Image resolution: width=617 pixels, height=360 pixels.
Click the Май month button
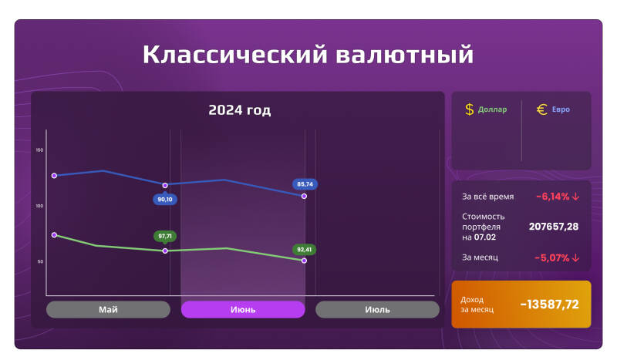tap(108, 309)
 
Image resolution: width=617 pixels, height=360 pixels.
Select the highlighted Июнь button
tap(243, 309)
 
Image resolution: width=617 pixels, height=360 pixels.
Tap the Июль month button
tap(377, 309)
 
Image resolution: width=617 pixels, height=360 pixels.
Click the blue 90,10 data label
tap(165, 199)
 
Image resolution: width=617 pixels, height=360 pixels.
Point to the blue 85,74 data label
tap(305, 184)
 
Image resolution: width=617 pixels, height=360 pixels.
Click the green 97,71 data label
tap(164, 236)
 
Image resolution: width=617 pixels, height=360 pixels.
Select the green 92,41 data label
tap(304, 249)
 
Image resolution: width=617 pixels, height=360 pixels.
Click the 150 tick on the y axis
tap(39, 150)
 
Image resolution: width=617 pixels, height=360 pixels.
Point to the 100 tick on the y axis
tap(39, 206)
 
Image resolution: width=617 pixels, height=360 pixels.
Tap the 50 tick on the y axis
tap(40, 262)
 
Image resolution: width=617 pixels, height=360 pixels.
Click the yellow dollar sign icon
tap(469, 109)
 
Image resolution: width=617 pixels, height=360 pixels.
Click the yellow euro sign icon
tap(541, 109)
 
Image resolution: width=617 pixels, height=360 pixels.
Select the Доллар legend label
tap(492, 109)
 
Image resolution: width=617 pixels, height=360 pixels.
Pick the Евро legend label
tap(561, 109)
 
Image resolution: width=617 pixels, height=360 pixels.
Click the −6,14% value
tap(557, 197)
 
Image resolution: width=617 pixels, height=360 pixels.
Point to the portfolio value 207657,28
tap(554, 227)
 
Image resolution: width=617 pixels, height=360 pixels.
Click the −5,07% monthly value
tap(557, 257)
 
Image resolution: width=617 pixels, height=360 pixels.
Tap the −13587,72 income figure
tap(549, 304)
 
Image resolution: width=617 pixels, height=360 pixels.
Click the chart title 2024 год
tap(239, 110)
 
